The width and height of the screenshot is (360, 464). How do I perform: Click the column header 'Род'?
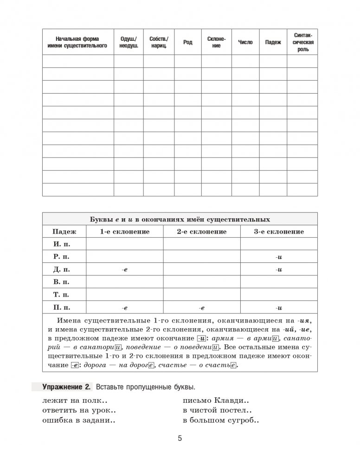click(187, 42)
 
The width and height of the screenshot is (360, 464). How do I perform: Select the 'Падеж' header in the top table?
click(273, 42)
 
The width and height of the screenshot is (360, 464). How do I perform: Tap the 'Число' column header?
click(245, 42)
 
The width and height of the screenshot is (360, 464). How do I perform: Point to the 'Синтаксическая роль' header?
click(302, 42)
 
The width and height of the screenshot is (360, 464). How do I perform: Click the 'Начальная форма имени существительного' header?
click(77, 42)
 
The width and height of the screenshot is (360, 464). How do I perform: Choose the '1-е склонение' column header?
click(125, 231)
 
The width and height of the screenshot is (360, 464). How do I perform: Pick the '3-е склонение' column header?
click(279, 231)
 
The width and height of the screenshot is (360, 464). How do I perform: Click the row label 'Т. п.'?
click(64, 294)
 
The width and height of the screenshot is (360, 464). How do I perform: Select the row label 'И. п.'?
click(64, 244)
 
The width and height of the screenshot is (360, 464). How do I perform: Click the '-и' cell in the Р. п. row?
click(279, 257)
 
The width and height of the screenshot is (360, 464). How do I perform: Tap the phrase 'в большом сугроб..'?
click(221, 421)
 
